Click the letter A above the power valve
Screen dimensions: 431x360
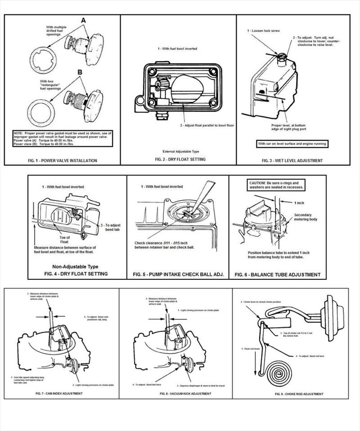[x=84, y=21]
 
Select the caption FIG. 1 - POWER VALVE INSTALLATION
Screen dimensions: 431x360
[x=62, y=160]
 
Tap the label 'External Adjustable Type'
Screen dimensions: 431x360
[x=179, y=151]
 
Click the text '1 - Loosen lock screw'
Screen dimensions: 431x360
[x=264, y=31]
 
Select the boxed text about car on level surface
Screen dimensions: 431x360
[x=292, y=144]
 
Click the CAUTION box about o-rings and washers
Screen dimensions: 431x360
[x=277, y=185]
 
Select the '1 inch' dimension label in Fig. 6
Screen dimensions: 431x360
[x=300, y=203]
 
